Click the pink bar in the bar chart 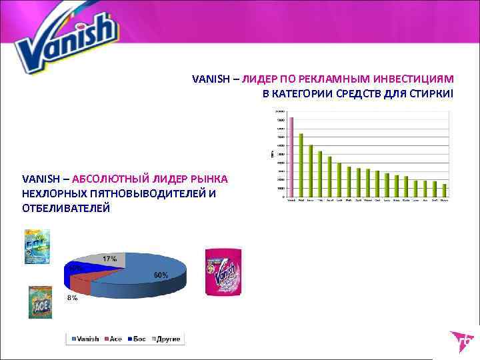click(x=291, y=157)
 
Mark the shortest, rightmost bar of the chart click(x=444, y=191)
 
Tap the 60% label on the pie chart click(x=161, y=275)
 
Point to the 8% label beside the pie click(x=71, y=298)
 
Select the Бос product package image click(x=37, y=247)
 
